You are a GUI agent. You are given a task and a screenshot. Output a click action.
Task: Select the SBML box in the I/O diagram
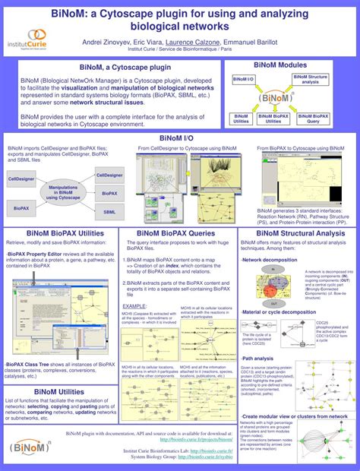pos(110,211)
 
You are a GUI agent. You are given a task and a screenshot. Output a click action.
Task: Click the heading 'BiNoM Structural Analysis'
pos(292,234)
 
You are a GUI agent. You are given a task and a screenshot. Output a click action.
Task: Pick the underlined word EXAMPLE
pos(134,305)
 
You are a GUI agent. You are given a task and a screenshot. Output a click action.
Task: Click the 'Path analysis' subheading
pos(258,357)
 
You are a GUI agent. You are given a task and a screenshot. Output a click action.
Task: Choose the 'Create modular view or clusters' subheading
pos(295,416)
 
